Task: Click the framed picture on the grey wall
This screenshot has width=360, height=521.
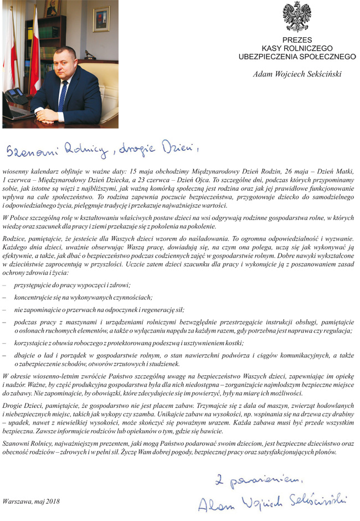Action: (101, 19)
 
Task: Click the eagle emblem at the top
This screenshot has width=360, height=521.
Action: (296, 16)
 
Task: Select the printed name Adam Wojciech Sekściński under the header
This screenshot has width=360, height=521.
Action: (296, 73)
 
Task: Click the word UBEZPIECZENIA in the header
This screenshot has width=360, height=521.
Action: (271, 57)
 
